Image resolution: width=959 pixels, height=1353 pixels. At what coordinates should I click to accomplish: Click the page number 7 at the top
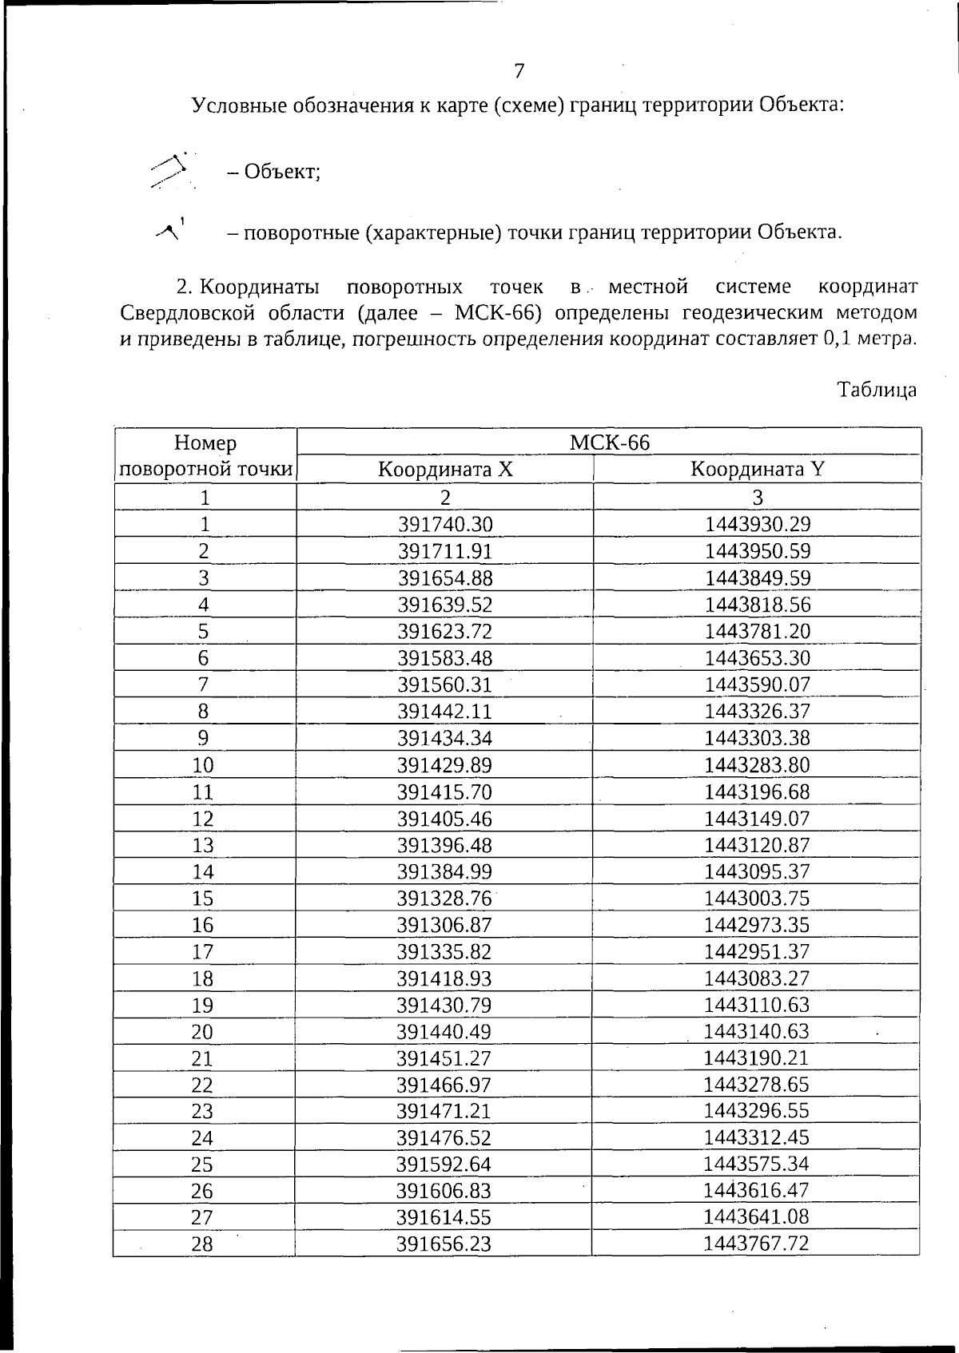519,71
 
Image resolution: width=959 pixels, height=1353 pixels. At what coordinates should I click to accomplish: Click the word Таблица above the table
876,390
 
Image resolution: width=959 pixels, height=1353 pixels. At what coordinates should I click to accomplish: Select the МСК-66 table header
609,442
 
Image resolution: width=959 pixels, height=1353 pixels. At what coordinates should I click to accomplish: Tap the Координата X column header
445,469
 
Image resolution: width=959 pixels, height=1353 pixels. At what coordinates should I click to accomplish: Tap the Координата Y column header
757,469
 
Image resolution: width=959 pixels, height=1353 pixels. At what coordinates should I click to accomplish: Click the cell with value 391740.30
445,524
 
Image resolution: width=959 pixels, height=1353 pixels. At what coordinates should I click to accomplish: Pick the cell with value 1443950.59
757,551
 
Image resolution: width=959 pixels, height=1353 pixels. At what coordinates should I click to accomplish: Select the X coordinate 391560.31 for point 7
445,684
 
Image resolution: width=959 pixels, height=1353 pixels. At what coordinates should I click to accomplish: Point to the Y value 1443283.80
757,765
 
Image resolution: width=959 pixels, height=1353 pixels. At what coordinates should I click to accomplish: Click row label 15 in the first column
203,899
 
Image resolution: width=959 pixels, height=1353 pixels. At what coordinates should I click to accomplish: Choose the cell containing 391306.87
445,925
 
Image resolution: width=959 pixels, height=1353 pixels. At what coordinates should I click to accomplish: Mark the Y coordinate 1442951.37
757,951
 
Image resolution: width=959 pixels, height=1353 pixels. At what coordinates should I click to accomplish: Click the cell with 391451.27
445,1058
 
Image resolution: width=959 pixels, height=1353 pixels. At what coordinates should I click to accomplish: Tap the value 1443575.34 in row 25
757,1164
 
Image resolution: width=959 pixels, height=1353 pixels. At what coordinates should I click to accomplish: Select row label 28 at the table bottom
203,1244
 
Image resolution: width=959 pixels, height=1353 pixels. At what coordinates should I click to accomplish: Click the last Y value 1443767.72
757,1243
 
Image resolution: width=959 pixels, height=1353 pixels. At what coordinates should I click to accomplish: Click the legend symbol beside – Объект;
170,170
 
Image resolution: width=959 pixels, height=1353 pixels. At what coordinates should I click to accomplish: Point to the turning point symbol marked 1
171,231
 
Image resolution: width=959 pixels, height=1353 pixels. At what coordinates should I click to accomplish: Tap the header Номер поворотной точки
205,455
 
